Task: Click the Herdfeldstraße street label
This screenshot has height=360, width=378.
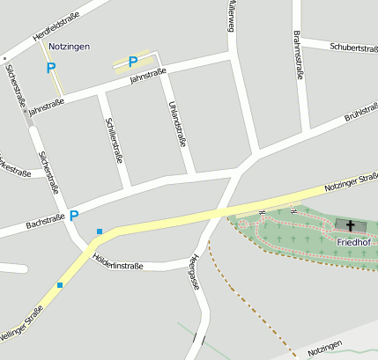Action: [x=56, y=25]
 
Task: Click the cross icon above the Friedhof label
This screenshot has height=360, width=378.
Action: [x=349, y=226]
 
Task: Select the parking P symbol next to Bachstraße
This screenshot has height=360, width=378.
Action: [x=74, y=215]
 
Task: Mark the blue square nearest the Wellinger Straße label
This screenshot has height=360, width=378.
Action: [x=60, y=284]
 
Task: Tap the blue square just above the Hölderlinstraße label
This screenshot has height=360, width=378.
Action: [x=100, y=231]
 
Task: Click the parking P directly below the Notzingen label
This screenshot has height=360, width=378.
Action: [x=50, y=67]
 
